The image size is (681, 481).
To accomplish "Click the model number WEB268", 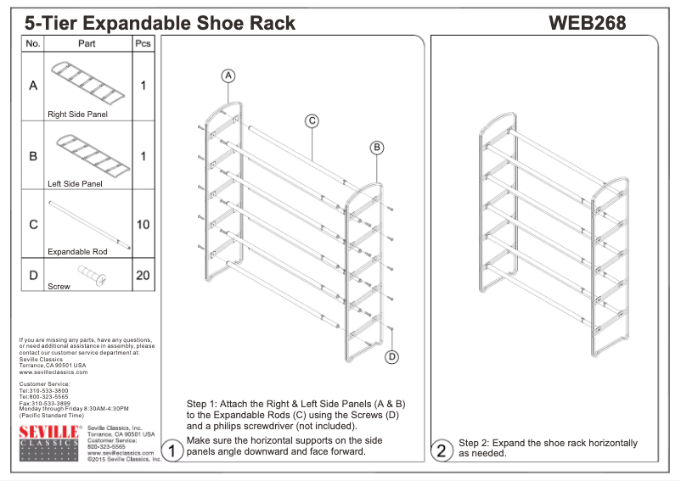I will pyautogui.click(x=588, y=23).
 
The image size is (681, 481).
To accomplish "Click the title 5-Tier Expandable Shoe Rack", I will pyautogui.click(x=160, y=23).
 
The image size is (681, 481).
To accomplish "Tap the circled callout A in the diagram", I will pyautogui.click(x=228, y=76).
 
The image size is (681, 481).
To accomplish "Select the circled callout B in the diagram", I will pyautogui.click(x=377, y=148).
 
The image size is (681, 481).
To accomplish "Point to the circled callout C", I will pyautogui.click(x=312, y=121).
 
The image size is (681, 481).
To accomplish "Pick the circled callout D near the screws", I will pyautogui.click(x=392, y=356).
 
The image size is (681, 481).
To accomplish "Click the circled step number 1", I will pyautogui.click(x=172, y=451).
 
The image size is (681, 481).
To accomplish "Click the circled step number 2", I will pyautogui.click(x=442, y=451).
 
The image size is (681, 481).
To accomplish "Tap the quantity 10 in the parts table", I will pyautogui.click(x=144, y=225).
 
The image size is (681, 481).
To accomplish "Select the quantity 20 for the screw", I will pyautogui.click(x=144, y=275).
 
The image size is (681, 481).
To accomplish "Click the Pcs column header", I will pyautogui.click(x=144, y=43).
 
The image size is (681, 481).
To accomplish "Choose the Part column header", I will pyautogui.click(x=87, y=43).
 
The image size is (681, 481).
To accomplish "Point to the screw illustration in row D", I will pyautogui.click(x=88, y=274).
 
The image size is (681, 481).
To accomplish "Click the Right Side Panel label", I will pyautogui.click(x=77, y=114).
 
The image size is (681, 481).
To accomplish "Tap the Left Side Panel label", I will pyautogui.click(x=75, y=183).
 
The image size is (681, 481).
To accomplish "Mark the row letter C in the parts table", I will pyautogui.click(x=33, y=225).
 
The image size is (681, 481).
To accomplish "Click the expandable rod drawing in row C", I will pyautogui.click(x=89, y=225).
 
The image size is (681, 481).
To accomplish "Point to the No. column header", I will pyautogui.click(x=33, y=43).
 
